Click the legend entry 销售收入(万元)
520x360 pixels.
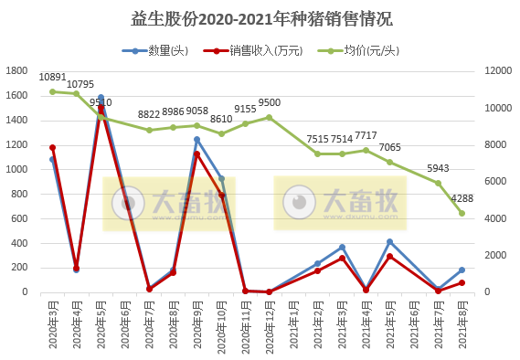pyautogui.click(x=255, y=49)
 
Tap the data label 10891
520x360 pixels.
pyautogui.click(x=53, y=78)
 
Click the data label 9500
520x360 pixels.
pyautogui.click(x=269, y=103)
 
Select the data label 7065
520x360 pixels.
pyautogui.click(x=390, y=147)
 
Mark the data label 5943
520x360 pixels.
pyautogui.click(x=439, y=168)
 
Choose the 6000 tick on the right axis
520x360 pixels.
pyautogui.click(x=494, y=182)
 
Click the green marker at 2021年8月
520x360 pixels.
pyautogui.click(x=462, y=213)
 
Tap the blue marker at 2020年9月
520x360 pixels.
pyautogui.click(x=196, y=140)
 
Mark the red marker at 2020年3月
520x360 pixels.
pyautogui.click(x=53, y=147)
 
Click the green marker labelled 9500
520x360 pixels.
pyautogui.click(x=269, y=117)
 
